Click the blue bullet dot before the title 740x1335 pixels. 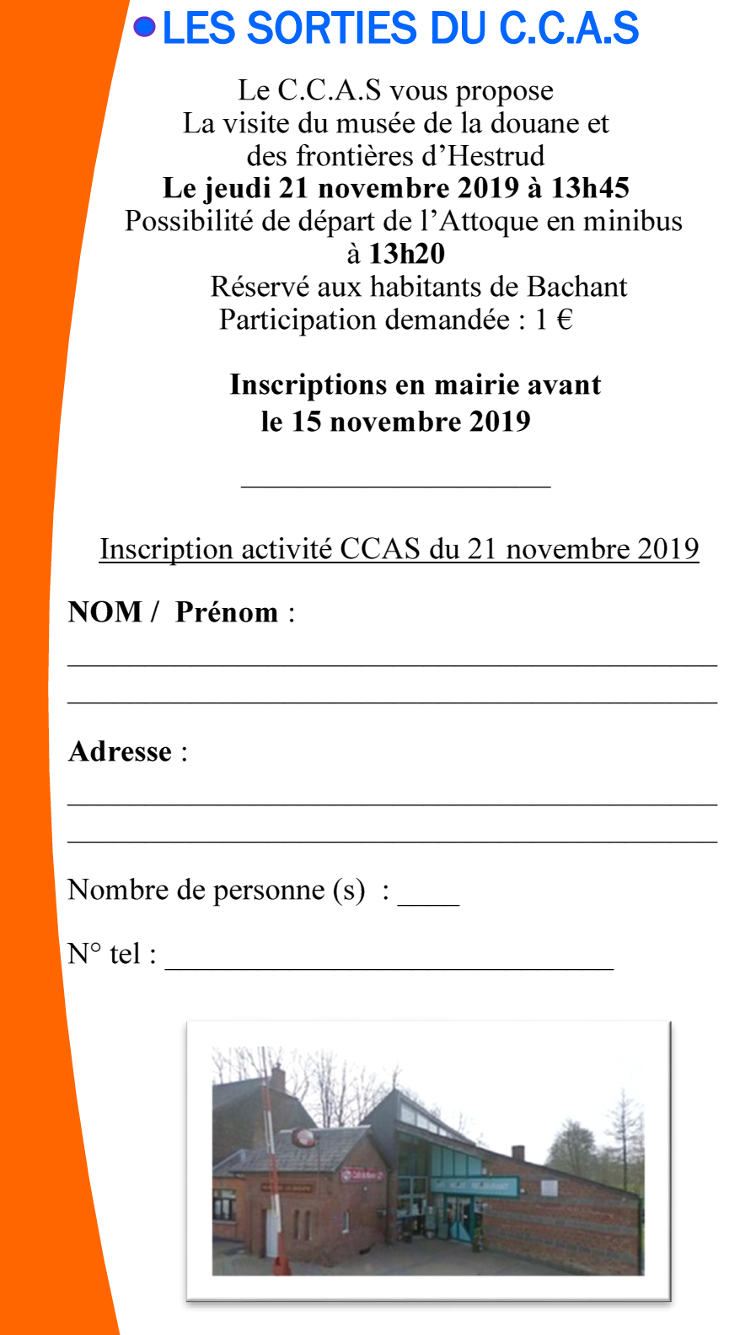145,28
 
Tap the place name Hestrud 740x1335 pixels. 496,156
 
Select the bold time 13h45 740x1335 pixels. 590,188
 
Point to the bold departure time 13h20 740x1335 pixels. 406,254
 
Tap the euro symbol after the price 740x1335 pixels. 565,320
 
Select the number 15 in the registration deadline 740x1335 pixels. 306,422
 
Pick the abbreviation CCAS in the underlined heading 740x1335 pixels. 379,549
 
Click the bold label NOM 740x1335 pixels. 105,612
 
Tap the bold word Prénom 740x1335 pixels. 226,612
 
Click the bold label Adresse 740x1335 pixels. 121,751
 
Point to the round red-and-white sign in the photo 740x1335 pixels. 304,1136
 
